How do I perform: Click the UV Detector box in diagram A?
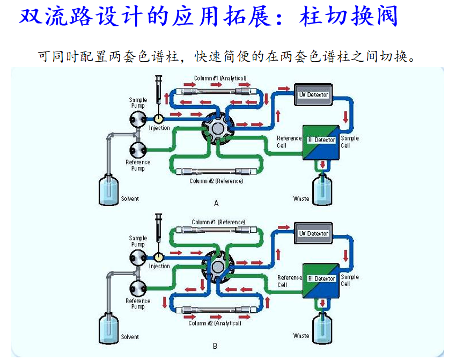tap(314, 95)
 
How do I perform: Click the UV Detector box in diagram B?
tap(314, 234)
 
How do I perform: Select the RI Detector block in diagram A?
tap(321, 141)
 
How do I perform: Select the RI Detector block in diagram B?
tap(321, 279)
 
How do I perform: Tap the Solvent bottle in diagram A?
tap(109, 189)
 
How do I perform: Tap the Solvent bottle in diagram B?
tap(109, 328)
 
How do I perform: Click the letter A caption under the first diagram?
tap(216, 203)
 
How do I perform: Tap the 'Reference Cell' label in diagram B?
tap(289, 281)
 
